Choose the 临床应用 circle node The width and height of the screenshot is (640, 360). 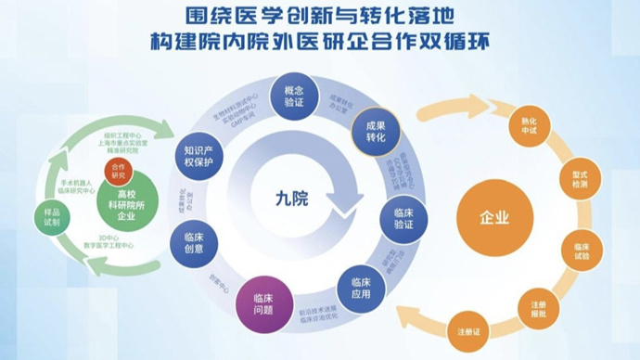click(x=361, y=282)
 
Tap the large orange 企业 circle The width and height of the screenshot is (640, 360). click(x=494, y=219)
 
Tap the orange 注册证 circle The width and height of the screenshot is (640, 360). click(x=468, y=330)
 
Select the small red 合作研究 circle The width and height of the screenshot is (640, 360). click(x=118, y=171)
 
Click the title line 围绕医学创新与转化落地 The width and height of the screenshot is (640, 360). click(x=321, y=17)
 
